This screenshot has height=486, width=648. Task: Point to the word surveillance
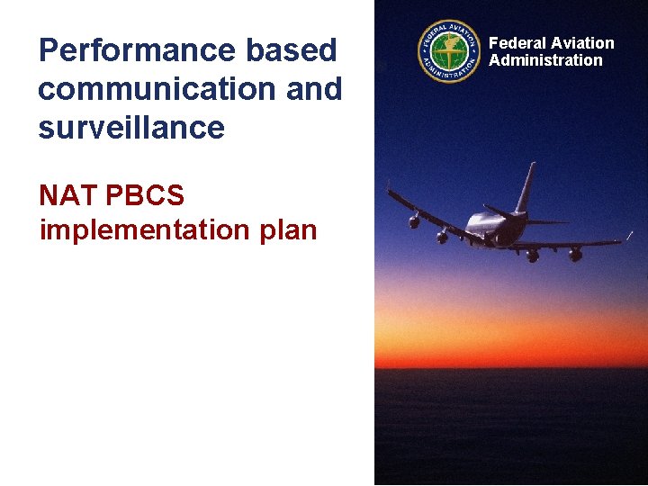click(x=131, y=127)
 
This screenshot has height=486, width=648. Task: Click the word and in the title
click(x=316, y=89)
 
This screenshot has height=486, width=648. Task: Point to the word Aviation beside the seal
click(x=582, y=43)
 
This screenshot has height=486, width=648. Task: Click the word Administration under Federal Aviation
click(x=545, y=60)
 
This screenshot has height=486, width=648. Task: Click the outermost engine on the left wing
click(x=414, y=220)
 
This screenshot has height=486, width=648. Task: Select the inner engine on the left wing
click(x=442, y=238)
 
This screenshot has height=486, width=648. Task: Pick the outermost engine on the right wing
click(x=575, y=255)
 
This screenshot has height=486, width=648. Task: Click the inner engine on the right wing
click(x=533, y=256)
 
